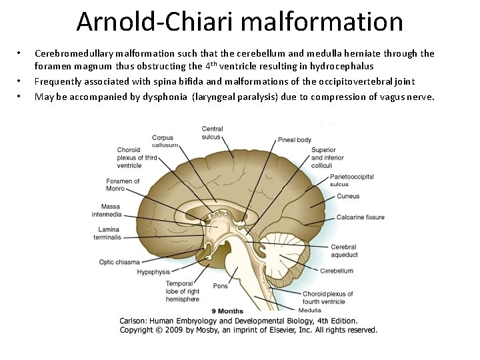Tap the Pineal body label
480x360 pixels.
pyautogui.click(x=294, y=140)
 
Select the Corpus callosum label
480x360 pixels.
pyautogui.click(x=163, y=141)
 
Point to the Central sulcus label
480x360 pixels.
pyautogui.click(x=212, y=133)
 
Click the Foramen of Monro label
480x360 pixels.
pyautogui.click(x=123, y=185)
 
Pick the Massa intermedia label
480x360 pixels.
pyautogui.click(x=107, y=211)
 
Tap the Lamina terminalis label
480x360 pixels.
pyautogui.click(x=107, y=233)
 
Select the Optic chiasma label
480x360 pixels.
pyautogui.click(x=119, y=262)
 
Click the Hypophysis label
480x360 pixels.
pyautogui.click(x=153, y=272)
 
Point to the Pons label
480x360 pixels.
pyautogui.click(x=220, y=286)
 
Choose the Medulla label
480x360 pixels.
pyautogui.click(x=309, y=310)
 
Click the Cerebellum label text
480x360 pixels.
pyautogui.click(x=337, y=271)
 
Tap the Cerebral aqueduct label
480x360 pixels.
pyautogui.click(x=344, y=251)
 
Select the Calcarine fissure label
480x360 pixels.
pyautogui.click(x=360, y=217)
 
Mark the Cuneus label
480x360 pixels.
pyautogui.click(x=348, y=196)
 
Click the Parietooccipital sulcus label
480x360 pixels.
pyautogui.click(x=351, y=180)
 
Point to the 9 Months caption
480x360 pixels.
pyautogui.click(x=227, y=311)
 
